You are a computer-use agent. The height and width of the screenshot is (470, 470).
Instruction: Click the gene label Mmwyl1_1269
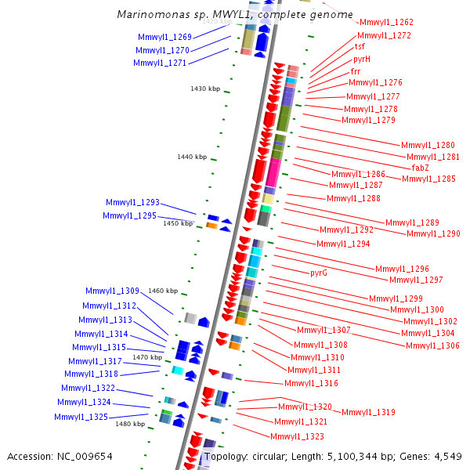click(x=164, y=37)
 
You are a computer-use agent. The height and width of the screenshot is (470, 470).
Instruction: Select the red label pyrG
click(x=318, y=273)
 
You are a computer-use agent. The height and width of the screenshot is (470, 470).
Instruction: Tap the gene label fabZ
click(x=420, y=167)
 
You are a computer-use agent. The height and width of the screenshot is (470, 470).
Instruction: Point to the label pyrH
click(x=362, y=59)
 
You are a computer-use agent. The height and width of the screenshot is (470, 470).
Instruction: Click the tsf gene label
click(x=360, y=47)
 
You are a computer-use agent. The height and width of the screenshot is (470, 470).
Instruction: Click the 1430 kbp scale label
click(x=205, y=89)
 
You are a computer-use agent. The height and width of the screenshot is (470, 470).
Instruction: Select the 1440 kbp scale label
click(x=192, y=157)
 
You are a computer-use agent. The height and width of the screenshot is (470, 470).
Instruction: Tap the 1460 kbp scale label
click(x=163, y=291)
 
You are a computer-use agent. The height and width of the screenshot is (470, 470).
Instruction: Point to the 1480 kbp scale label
click(x=130, y=424)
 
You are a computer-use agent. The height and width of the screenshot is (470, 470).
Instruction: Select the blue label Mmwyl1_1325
click(x=81, y=417)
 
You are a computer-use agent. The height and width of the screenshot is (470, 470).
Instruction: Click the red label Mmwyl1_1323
click(x=297, y=436)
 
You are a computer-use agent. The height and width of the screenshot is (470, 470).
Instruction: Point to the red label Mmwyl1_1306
click(x=433, y=345)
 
